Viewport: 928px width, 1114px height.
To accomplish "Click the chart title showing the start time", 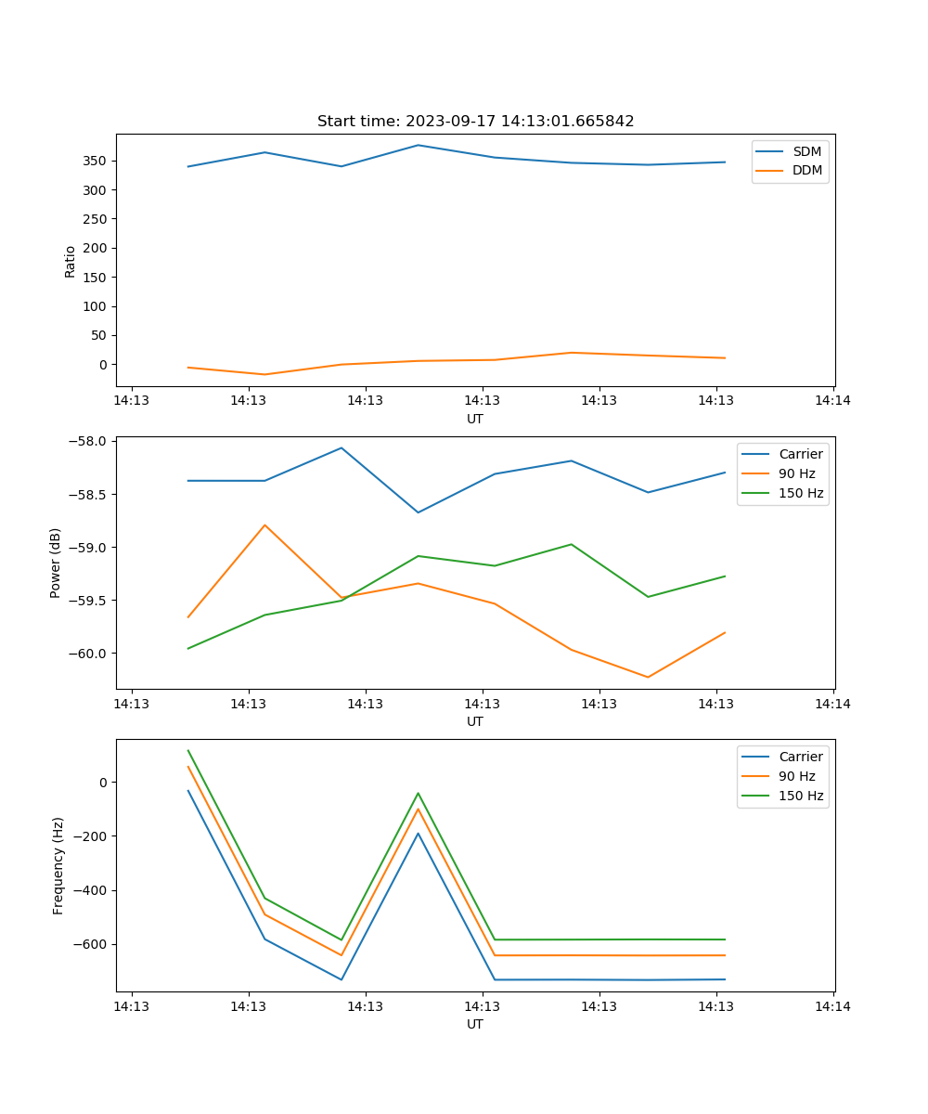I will click(475, 122).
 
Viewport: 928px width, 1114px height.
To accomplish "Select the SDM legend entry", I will click(806, 151).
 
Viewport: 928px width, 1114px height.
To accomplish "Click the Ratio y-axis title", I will click(71, 261).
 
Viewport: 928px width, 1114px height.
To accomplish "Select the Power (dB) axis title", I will click(56, 563).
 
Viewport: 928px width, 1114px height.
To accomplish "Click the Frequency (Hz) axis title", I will click(58, 865).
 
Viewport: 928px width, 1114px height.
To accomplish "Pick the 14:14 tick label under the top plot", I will click(832, 401).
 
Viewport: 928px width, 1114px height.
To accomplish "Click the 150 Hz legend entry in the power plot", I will click(801, 493).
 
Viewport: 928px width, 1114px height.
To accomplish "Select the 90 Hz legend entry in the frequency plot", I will click(797, 776).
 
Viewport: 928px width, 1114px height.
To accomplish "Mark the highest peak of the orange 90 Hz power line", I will click(265, 525).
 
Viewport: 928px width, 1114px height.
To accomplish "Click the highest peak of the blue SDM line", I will click(418, 145).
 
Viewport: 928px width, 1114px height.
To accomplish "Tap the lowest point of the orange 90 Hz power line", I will click(648, 677).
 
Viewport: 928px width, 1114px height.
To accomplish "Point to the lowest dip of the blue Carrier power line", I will click(418, 512).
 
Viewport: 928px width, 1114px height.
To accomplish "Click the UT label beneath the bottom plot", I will click(475, 1024).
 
